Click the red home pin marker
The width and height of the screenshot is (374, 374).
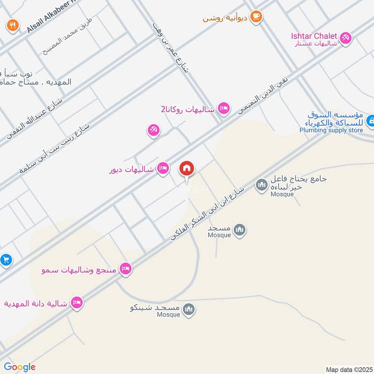point(187,169)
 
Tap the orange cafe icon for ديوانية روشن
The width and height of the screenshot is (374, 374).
point(256,17)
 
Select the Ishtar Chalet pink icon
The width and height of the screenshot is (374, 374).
point(345,37)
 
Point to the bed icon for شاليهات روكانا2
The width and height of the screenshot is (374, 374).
point(224,108)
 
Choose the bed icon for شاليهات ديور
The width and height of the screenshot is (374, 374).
point(163,167)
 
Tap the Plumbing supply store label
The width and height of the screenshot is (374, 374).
point(331,130)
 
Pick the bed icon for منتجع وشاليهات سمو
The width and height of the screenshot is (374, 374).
point(125,268)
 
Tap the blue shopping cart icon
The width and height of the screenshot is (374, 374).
point(6,259)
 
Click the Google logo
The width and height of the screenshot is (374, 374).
point(20,367)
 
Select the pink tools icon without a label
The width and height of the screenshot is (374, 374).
point(153,131)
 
